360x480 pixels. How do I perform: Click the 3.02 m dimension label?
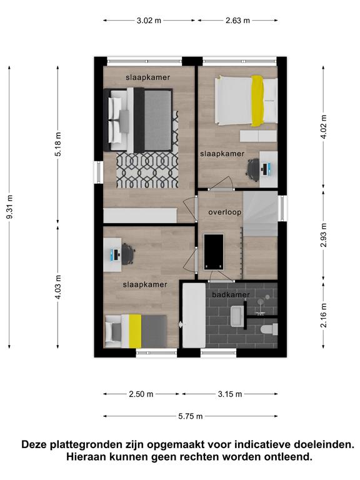(149, 21)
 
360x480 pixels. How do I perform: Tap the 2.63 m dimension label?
(238, 21)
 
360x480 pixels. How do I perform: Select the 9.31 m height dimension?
(9, 207)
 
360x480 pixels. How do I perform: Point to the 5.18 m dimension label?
(58, 144)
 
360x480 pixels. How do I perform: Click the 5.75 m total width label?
(191, 416)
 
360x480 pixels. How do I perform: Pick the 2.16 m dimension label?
(324, 315)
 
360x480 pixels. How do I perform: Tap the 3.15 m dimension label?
(230, 394)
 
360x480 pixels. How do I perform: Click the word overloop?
(225, 212)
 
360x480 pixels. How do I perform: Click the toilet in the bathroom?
(269, 329)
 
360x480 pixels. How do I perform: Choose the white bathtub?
(194, 315)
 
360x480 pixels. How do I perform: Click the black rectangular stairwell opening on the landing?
(214, 252)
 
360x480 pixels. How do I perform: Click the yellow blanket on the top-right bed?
(257, 101)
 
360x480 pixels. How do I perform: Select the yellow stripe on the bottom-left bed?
(135, 331)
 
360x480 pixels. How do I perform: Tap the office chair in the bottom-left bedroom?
(128, 254)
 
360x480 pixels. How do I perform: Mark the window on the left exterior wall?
(99, 172)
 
